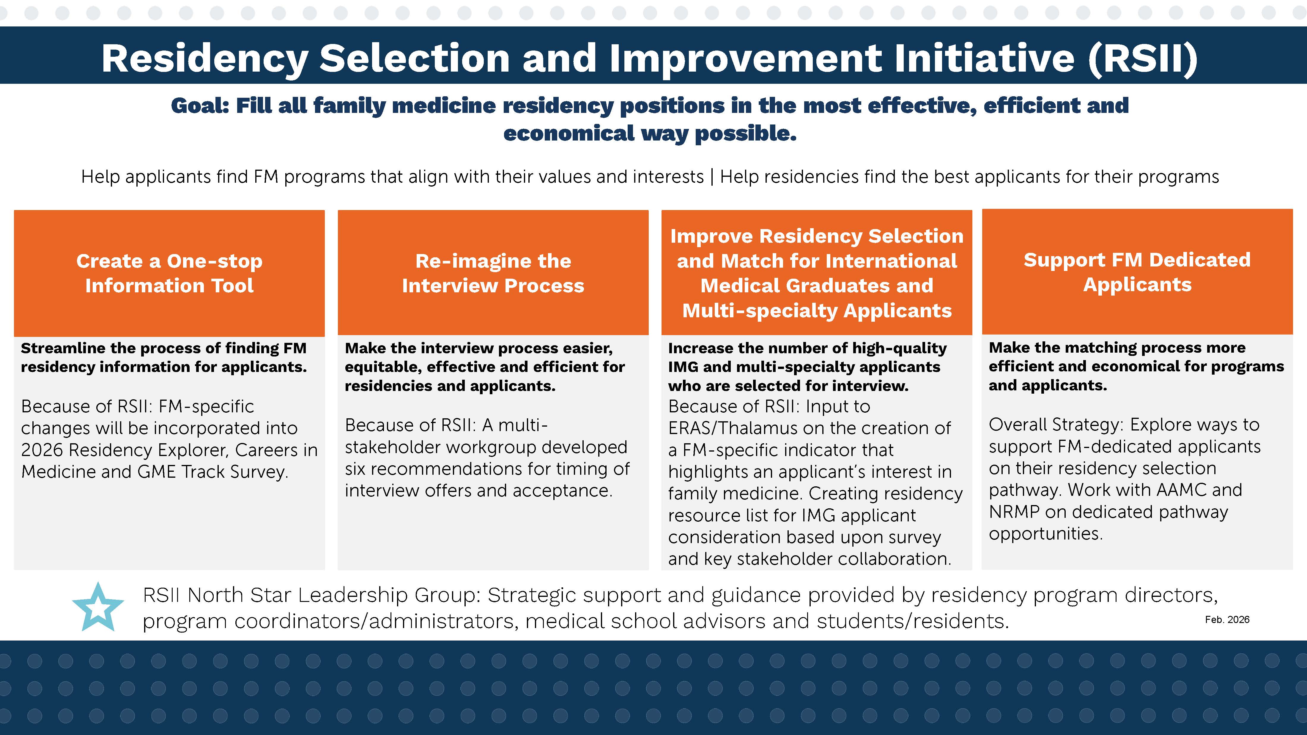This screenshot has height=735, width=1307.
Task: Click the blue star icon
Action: pos(98,607)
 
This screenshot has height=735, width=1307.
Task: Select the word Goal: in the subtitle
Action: pos(200,105)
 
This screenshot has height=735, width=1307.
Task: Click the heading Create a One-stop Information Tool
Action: pos(169,273)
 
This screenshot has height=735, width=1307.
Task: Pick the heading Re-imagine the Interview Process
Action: pos(493,273)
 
